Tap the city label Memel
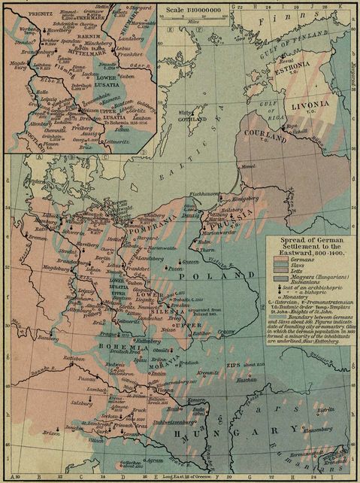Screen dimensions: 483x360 (247, 185)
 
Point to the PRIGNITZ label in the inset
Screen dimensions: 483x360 (19, 14)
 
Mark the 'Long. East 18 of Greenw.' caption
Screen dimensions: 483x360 (161, 478)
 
